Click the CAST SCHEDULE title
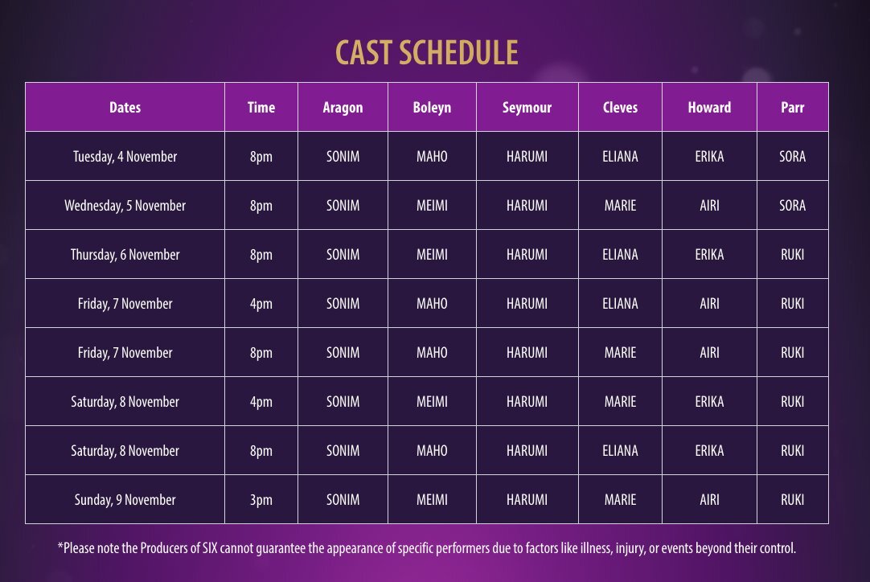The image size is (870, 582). pyautogui.click(x=427, y=53)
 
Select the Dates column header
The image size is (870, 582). pyautogui.click(x=125, y=107)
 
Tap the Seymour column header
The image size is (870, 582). pyautogui.click(x=527, y=108)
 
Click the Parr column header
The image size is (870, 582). pyautogui.click(x=792, y=107)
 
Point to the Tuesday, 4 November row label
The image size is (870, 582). pyautogui.click(x=125, y=157)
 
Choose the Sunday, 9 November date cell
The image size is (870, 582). pyautogui.click(x=125, y=500)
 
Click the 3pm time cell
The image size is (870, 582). pyautogui.click(x=261, y=500)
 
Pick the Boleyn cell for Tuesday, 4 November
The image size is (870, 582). pyautogui.click(x=432, y=157)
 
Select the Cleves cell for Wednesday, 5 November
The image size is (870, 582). pyautogui.click(x=620, y=205)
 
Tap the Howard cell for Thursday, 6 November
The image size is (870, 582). pyautogui.click(x=709, y=255)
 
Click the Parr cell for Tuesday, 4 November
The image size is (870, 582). pyautogui.click(x=792, y=157)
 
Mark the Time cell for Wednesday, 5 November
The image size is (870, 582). pyautogui.click(x=261, y=206)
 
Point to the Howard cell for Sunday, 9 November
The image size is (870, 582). pyautogui.click(x=709, y=500)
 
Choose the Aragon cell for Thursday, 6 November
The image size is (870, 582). pyautogui.click(x=343, y=255)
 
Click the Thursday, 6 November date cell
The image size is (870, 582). pyautogui.click(x=125, y=255)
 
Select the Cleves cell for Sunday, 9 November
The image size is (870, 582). pyautogui.click(x=620, y=500)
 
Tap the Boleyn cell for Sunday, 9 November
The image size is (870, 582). pyautogui.click(x=432, y=500)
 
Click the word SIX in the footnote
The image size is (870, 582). pyautogui.click(x=210, y=548)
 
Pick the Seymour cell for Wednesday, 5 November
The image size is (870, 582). pyautogui.click(x=527, y=205)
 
